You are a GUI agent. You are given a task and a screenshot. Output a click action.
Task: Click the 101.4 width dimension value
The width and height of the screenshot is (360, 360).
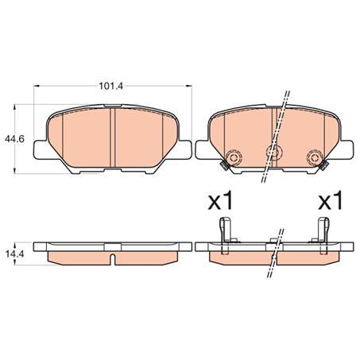coord(107,80)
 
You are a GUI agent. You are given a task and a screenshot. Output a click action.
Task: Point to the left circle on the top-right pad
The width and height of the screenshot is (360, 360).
coord(234,156)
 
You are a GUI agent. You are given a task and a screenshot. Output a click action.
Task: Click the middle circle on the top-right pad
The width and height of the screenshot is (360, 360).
coord(274,155)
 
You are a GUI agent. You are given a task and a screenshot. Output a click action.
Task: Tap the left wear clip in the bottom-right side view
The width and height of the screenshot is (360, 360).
coord(228,232)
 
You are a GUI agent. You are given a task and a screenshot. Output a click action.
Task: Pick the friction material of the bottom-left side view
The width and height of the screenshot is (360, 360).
coord(79,257)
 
